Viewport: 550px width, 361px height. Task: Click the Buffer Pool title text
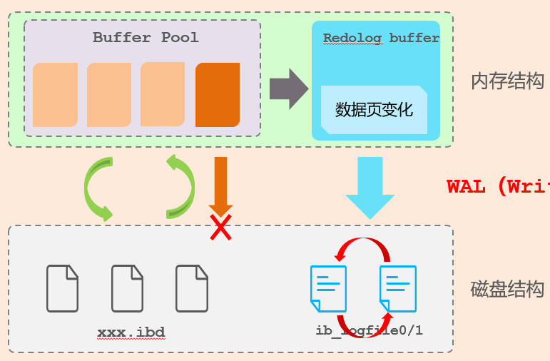click(x=146, y=38)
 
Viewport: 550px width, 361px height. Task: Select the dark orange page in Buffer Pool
click(x=218, y=95)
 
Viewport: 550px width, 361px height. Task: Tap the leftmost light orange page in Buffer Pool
click(x=55, y=95)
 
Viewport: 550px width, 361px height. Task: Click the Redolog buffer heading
click(x=381, y=39)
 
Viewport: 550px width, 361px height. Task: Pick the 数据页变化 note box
click(x=374, y=110)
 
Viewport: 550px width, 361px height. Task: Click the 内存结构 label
click(x=507, y=81)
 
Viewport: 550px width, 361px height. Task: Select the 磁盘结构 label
click(x=507, y=289)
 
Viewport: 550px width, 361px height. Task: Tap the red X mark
click(x=220, y=228)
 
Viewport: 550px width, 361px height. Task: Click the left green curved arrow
click(x=98, y=188)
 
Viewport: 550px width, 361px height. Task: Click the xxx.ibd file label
click(x=131, y=332)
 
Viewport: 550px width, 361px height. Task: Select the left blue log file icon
click(x=328, y=288)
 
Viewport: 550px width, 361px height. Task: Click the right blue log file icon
click(x=398, y=288)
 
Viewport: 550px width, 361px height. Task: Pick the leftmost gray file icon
click(x=63, y=288)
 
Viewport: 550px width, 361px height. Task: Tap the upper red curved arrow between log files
click(x=363, y=247)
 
